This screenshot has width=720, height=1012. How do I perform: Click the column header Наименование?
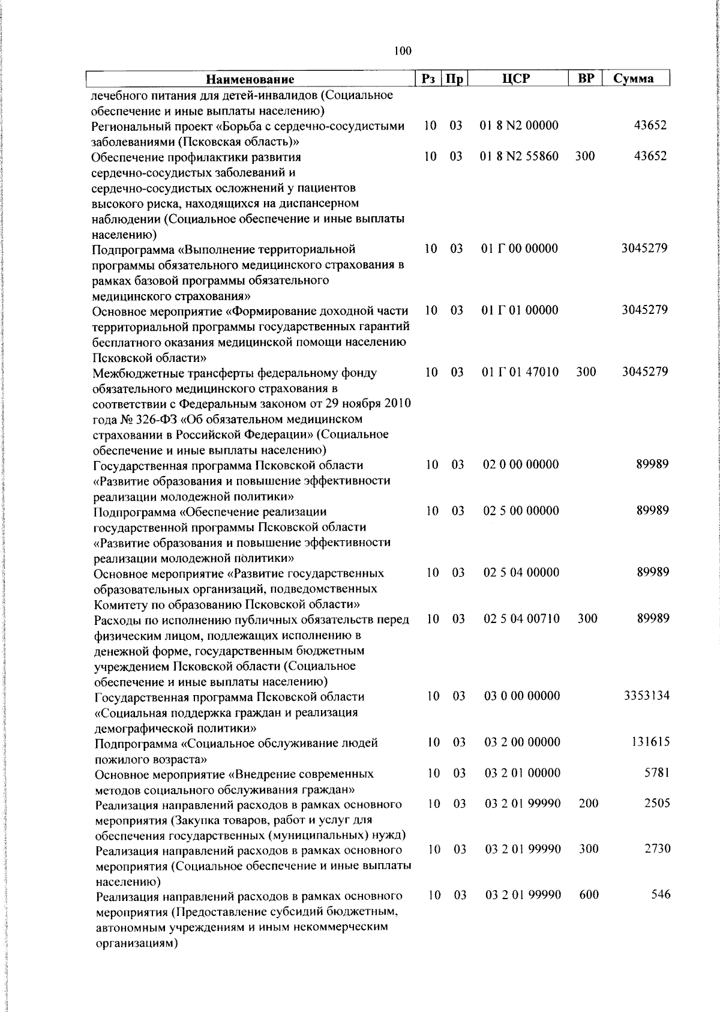(x=250, y=79)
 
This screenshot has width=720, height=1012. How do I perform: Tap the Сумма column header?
(x=634, y=79)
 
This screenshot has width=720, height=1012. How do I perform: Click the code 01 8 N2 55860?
(x=520, y=157)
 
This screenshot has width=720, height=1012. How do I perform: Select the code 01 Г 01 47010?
(x=520, y=372)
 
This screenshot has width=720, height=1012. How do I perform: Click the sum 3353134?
(x=647, y=696)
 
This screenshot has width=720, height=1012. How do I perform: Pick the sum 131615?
(x=650, y=742)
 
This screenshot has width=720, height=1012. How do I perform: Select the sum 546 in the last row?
(x=661, y=895)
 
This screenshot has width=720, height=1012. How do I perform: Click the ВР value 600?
(x=589, y=895)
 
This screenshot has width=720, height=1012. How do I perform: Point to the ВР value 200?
(x=589, y=804)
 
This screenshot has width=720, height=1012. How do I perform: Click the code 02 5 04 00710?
(x=521, y=619)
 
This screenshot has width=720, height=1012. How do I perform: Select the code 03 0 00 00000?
(x=522, y=696)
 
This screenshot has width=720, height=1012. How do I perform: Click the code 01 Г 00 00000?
(x=520, y=248)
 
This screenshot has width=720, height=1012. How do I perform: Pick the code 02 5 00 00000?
(x=521, y=511)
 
